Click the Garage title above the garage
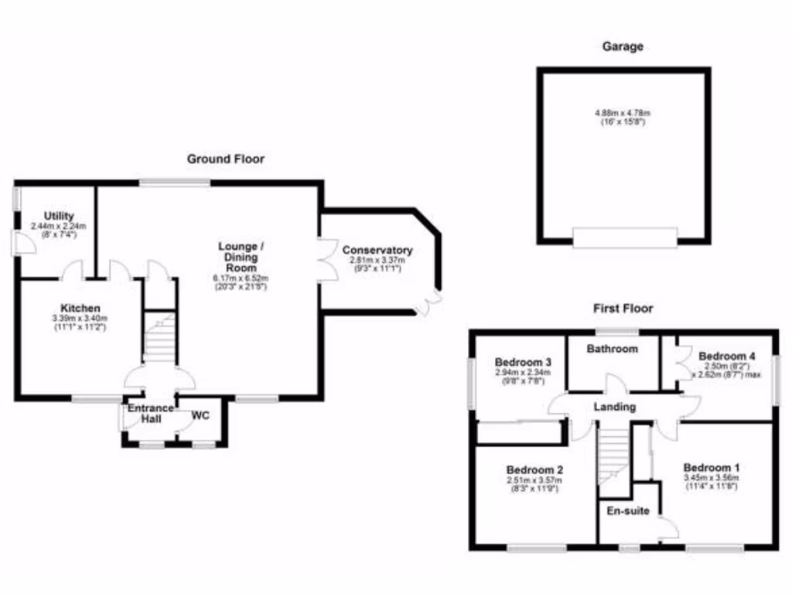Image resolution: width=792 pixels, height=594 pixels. pyautogui.click(x=623, y=46)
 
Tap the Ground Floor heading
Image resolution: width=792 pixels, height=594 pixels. pyautogui.click(x=225, y=159)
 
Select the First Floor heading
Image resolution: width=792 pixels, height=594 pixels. pyautogui.click(x=623, y=308)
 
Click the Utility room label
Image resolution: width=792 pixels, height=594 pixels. pyautogui.click(x=58, y=216)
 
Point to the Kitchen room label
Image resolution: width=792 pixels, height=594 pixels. pyautogui.click(x=81, y=308)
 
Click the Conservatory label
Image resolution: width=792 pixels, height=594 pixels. pyautogui.click(x=377, y=250)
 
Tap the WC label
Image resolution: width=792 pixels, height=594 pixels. pyautogui.click(x=200, y=415)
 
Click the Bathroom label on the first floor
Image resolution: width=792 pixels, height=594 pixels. pyautogui.click(x=612, y=349)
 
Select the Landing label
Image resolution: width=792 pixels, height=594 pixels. pyautogui.click(x=615, y=407)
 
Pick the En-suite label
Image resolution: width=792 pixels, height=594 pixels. pyautogui.click(x=627, y=511)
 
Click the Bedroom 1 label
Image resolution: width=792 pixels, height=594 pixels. pyautogui.click(x=712, y=468)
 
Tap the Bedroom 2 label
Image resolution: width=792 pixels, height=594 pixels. pyautogui.click(x=534, y=469)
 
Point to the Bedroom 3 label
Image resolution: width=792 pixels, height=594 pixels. pyautogui.click(x=523, y=362)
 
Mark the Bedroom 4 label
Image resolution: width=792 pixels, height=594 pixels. pyautogui.click(x=726, y=356)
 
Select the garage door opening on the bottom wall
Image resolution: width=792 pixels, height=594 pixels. pyautogui.click(x=625, y=237)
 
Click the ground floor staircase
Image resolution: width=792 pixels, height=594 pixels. pyautogui.click(x=160, y=337)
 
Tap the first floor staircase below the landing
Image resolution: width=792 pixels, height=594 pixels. pyautogui.click(x=616, y=456)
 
